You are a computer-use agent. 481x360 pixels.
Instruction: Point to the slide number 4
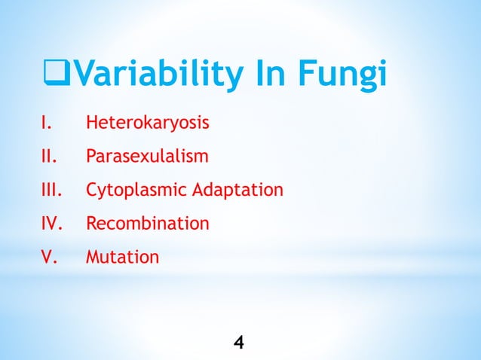point(239,343)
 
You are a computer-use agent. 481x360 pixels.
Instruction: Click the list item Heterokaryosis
point(147,123)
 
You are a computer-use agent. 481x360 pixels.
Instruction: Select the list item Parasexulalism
point(147,157)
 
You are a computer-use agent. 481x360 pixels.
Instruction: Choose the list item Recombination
point(147,224)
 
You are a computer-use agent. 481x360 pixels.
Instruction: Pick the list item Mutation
point(122,258)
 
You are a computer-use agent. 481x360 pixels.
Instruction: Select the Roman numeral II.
point(47,156)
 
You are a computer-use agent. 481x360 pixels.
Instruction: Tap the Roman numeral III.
point(49,190)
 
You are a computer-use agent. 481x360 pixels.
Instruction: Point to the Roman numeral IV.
point(49,224)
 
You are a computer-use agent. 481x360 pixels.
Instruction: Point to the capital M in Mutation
point(93,258)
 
